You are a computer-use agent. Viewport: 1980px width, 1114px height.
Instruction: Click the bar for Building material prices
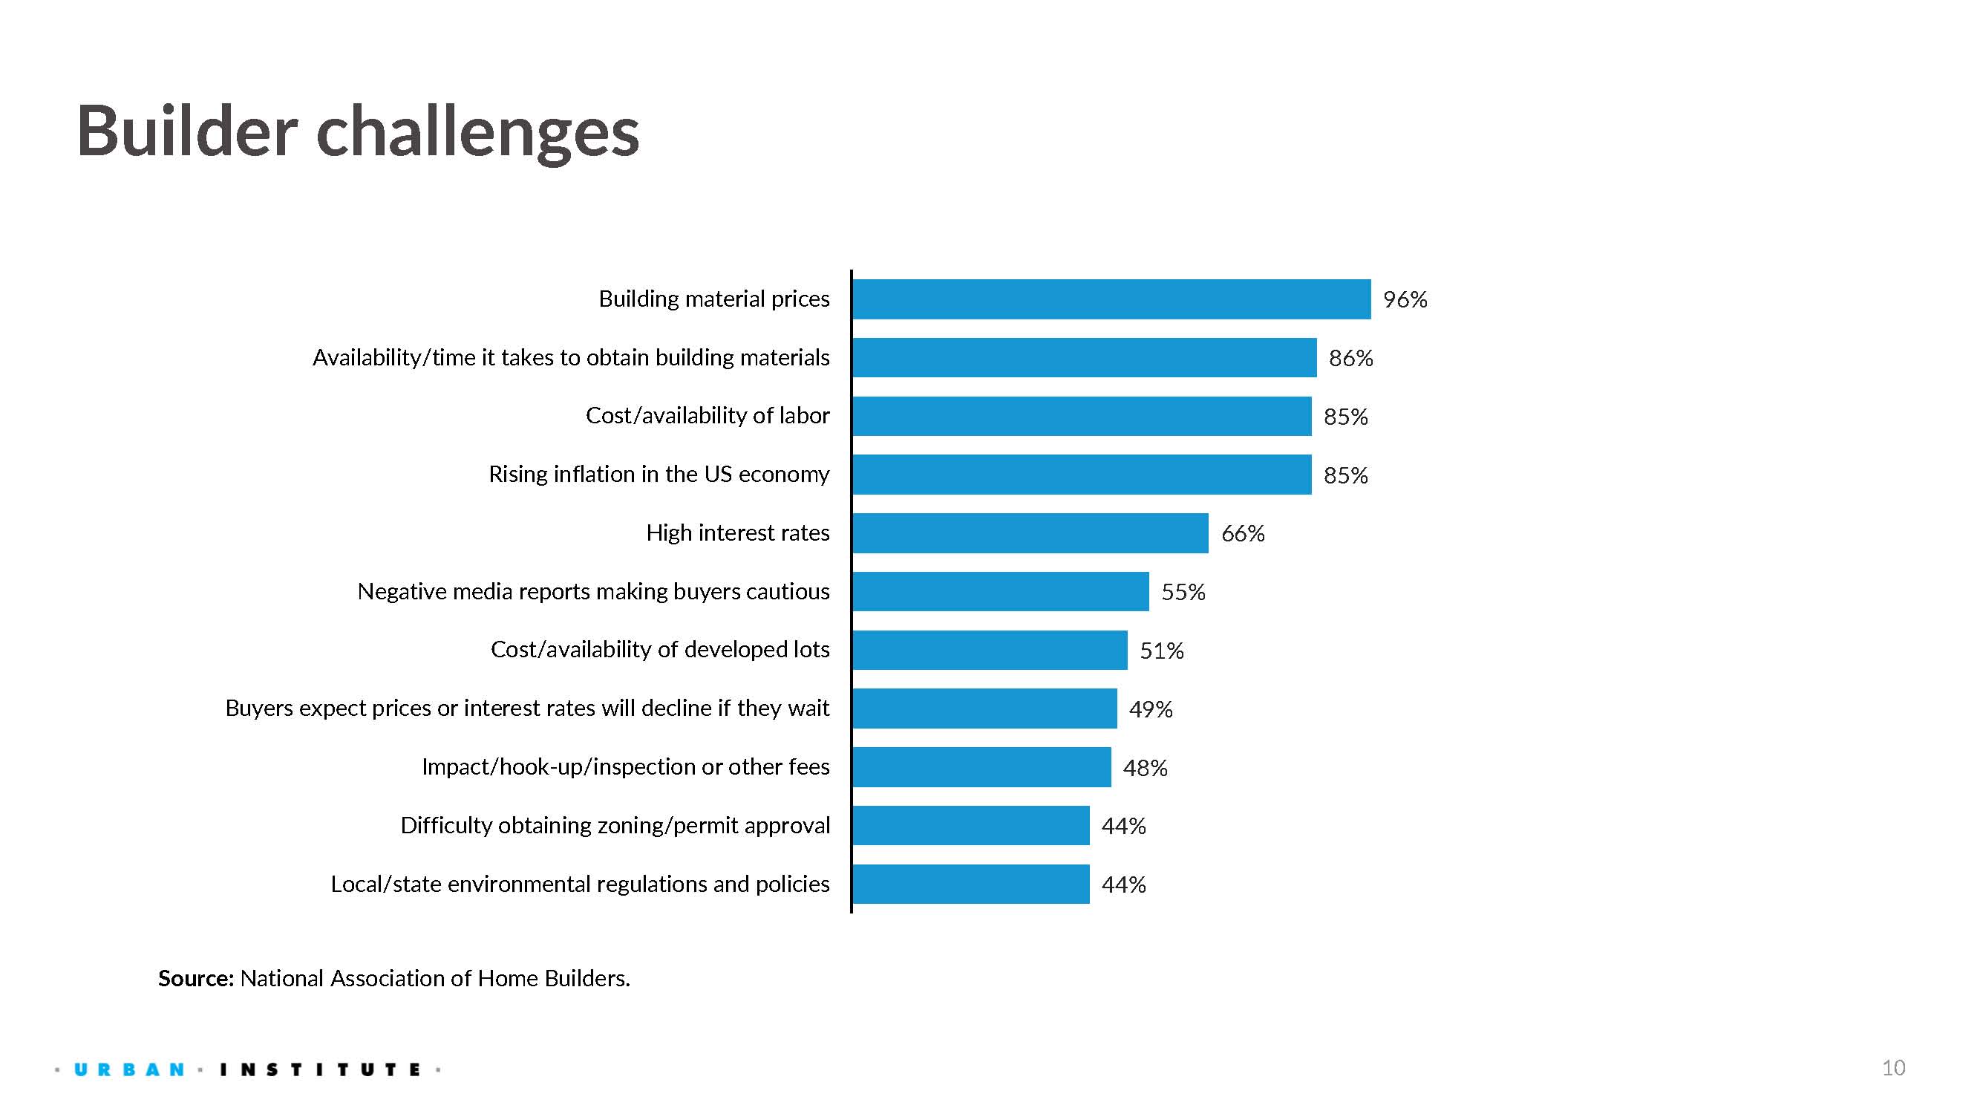(x=1111, y=299)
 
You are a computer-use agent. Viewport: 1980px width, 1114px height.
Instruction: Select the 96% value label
(x=1405, y=299)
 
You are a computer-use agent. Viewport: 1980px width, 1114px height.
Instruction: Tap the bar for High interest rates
(x=1030, y=532)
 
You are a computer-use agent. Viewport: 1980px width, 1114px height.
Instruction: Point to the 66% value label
(x=1242, y=533)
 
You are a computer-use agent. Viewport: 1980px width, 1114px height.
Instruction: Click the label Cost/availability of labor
(x=707, y=416)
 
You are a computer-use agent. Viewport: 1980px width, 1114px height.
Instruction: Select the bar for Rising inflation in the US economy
(x=1082, y=475)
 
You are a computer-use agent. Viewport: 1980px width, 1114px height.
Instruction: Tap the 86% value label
(x=1350, y=358)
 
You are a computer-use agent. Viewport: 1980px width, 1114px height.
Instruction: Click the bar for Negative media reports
(x=1000, y=591)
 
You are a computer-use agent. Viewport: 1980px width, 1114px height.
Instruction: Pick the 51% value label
(x=1160, y=651)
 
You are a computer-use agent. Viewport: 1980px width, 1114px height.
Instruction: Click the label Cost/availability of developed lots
(x=659, y=650)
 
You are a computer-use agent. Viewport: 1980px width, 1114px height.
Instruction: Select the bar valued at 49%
(x=984, y=708)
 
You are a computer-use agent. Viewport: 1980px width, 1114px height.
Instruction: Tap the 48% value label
(x=1145, y=768)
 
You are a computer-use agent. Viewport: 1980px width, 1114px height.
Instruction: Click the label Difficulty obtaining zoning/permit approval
(x=615, y=826)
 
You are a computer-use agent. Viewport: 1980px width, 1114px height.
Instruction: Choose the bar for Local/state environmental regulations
(x=970, y=884)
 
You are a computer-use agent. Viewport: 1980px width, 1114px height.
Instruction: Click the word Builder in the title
(x=187, y=131)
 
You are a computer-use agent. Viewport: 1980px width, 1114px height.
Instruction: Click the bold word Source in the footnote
(x=195, y=978)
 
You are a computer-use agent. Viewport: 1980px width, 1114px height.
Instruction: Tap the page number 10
(x=1892, y=1068)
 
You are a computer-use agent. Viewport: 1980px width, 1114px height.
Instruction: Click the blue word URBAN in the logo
(x=129, y=1069)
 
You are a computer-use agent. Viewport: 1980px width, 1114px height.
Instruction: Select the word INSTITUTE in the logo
(x=320, y=1069)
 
